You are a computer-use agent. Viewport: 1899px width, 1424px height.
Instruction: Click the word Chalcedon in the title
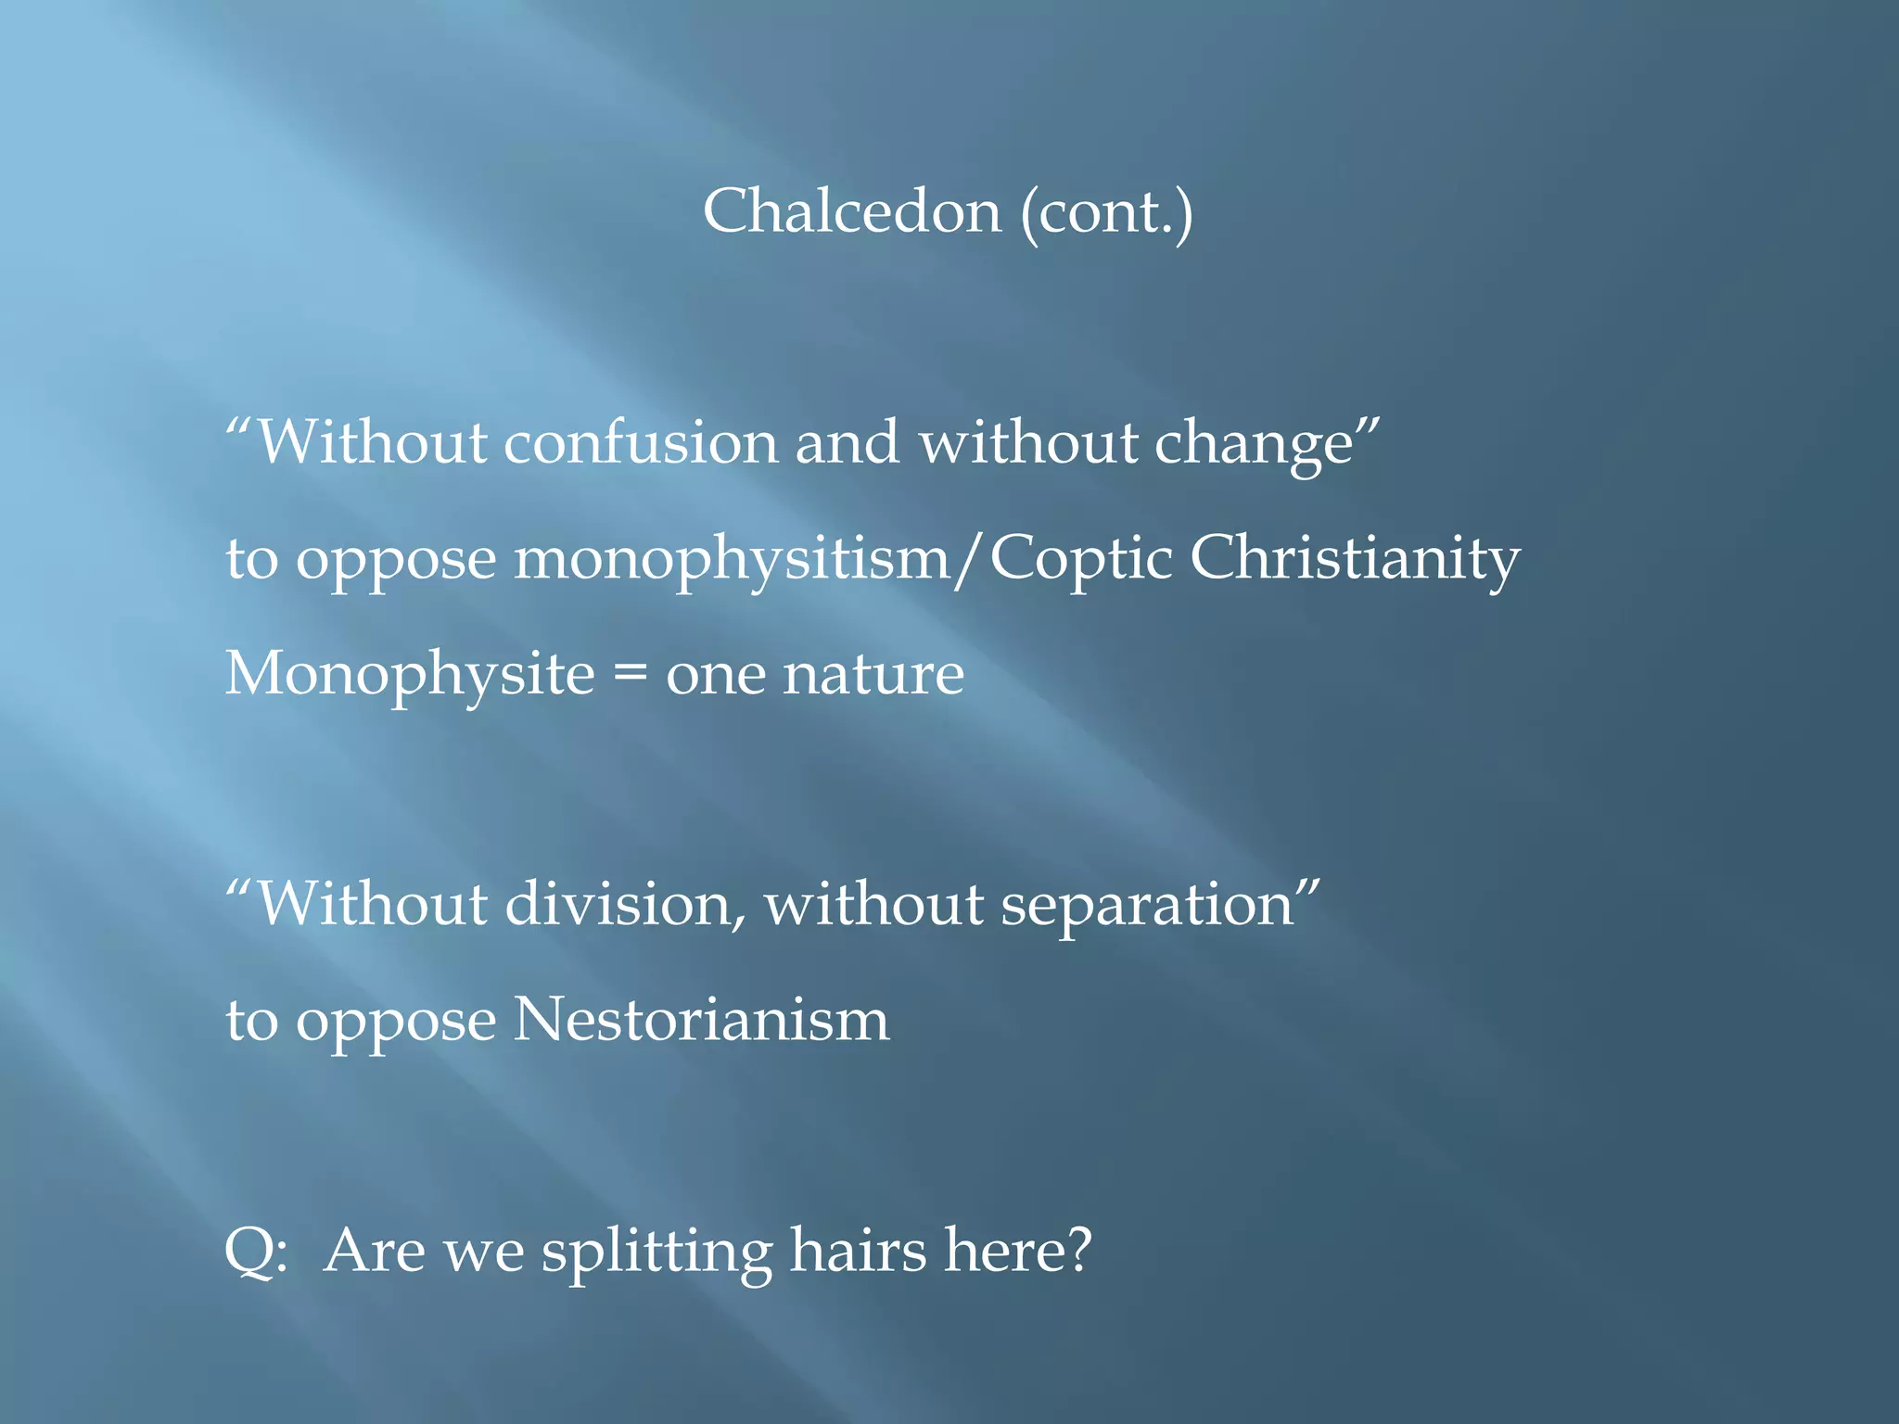[x=851, y=211]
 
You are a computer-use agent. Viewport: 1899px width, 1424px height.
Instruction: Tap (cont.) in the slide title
[x=1106, y=213]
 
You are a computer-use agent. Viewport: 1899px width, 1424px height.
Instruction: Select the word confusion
[x=640, y=442]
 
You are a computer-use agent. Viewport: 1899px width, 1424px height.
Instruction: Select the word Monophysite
[x=409, y=675]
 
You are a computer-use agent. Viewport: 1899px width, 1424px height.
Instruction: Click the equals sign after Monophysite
[x=630, y=675]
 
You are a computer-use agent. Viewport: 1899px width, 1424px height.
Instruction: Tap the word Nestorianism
[x=701, y=1020]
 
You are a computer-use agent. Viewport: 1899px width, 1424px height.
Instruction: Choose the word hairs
[x=857, y=1250]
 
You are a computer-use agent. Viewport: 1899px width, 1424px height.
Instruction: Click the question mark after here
[x=1077, y=1250]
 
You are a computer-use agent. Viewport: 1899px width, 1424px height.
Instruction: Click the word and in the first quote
[x=846, y=442]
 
